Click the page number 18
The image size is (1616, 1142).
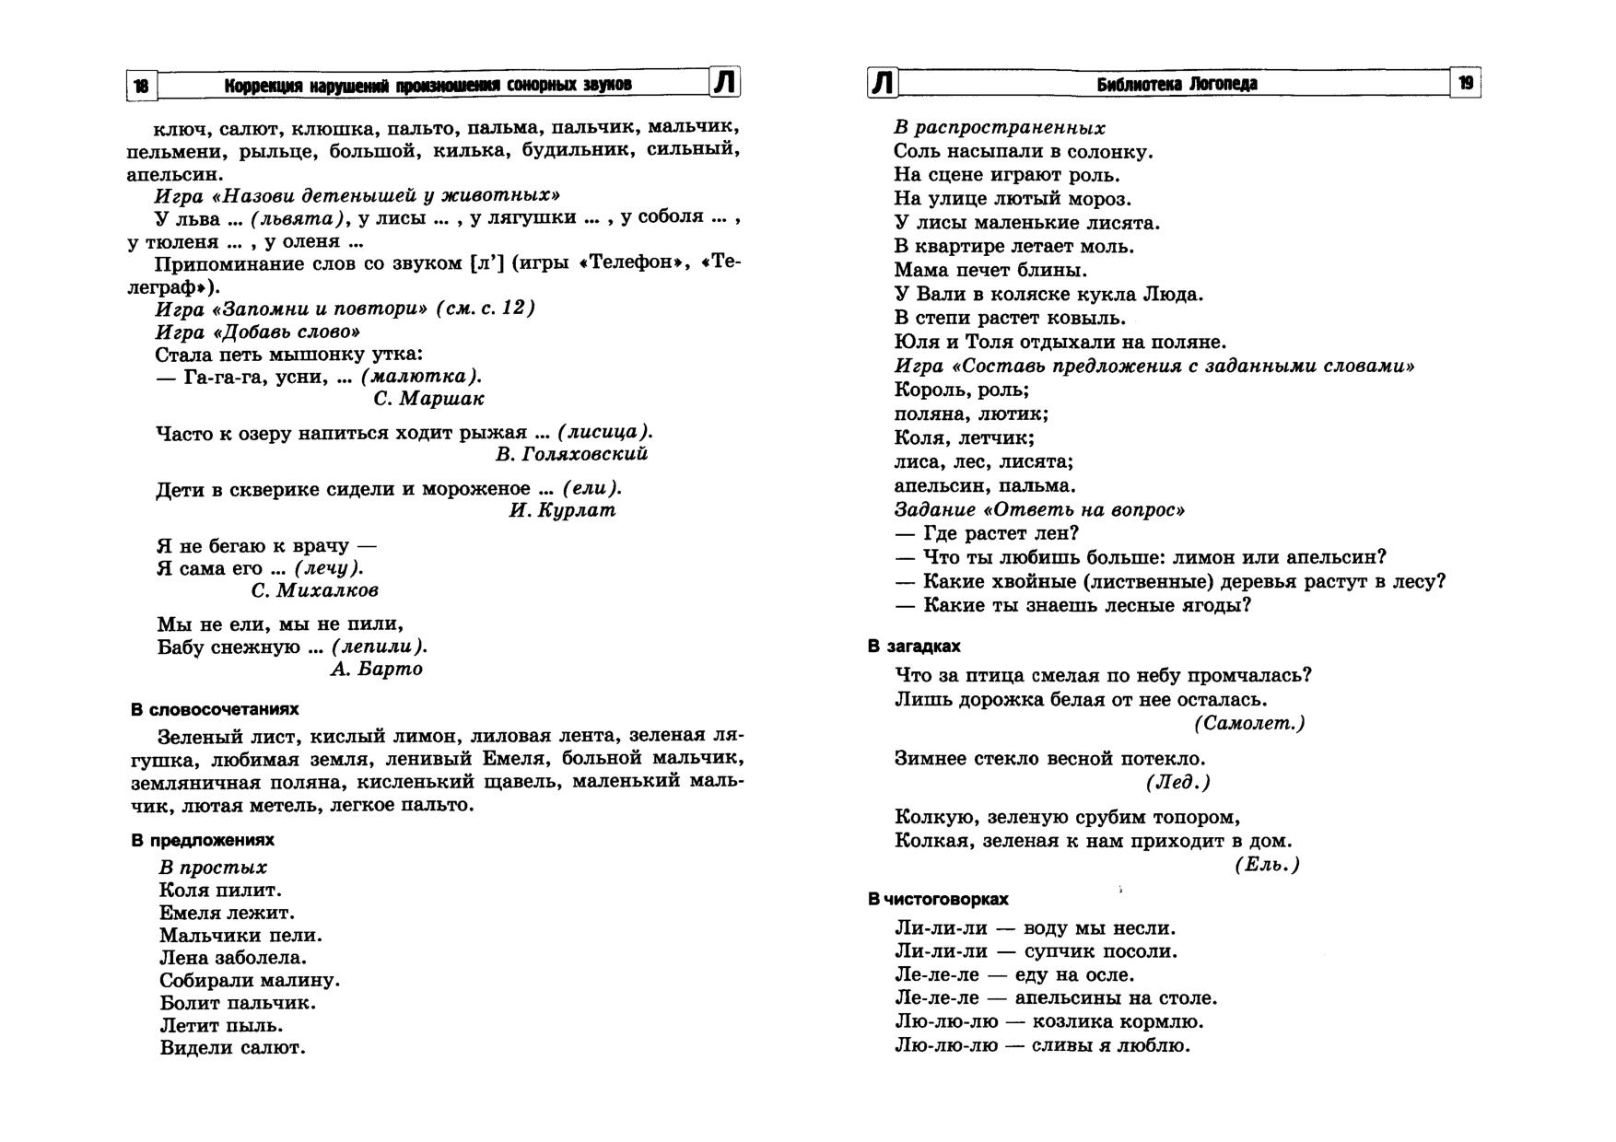click(141, 86)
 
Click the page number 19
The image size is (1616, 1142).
click(1466, 84)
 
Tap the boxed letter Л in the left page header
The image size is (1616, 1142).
click(725, 83)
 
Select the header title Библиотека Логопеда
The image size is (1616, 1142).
click(1177, 85)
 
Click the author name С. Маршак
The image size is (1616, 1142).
click(428, 399)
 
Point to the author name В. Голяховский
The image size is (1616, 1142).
click(571, 454)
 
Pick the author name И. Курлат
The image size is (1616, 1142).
click(562, 510)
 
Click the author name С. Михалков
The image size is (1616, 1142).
click(314, 590)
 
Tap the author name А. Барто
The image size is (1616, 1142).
click(376, 670)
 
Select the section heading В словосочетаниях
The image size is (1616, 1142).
click(215, 710)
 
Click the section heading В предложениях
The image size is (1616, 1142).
click(203, 841)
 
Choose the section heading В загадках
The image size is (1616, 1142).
click(914, 647)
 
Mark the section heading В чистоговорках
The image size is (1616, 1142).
click(938, 899)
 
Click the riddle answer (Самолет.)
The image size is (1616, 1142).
click(1249, 724)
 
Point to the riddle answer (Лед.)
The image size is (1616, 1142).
click(1177, 782)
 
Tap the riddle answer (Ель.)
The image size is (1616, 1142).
click(1267, 865)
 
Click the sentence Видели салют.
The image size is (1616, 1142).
click(232, 1048)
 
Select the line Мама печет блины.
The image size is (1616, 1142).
click(990, 271)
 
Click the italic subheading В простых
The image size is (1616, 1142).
click(213, 868)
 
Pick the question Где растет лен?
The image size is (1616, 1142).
click(987, 534)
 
